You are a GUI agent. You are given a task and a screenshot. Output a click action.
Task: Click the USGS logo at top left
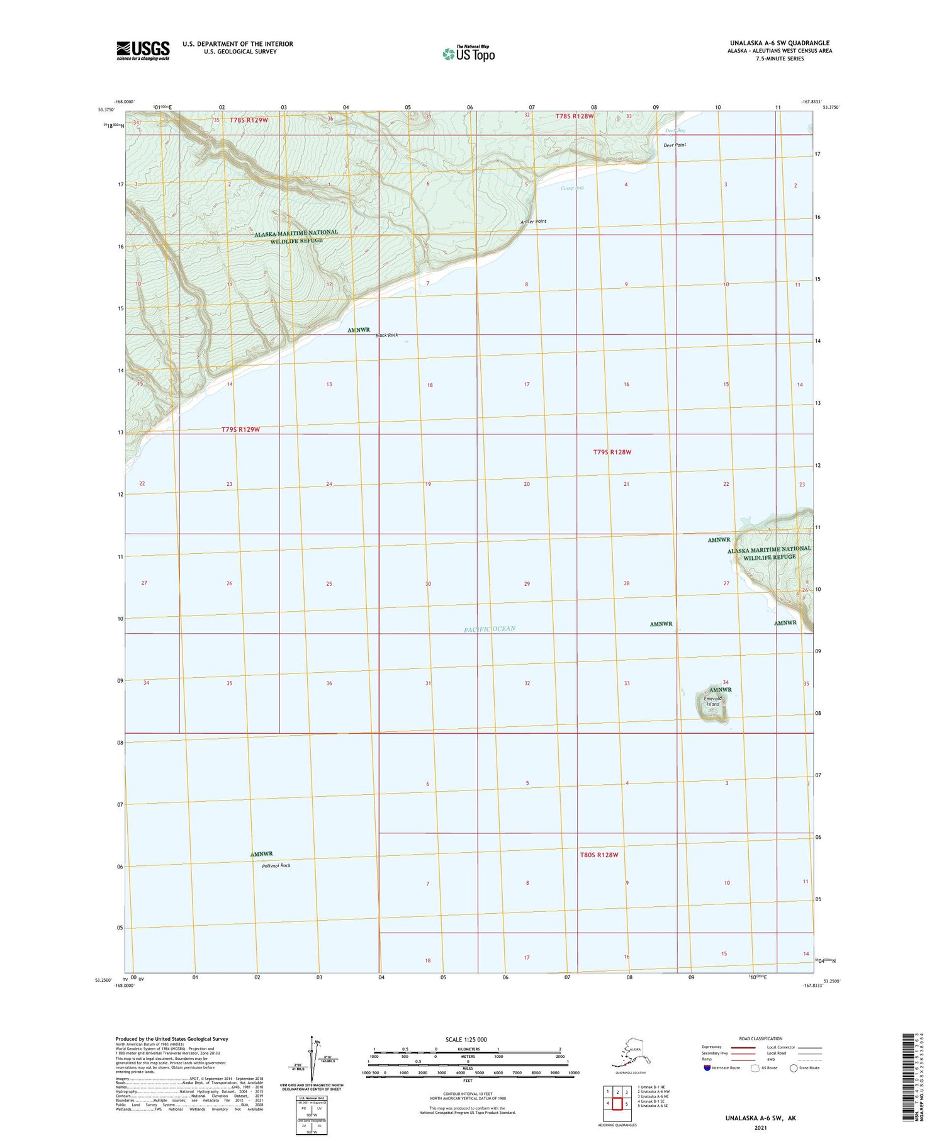click(x=143, y=50)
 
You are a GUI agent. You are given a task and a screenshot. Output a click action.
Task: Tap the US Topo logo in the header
click(x=469, y=53)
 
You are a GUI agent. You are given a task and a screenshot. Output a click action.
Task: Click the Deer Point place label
click(x=675, y=145)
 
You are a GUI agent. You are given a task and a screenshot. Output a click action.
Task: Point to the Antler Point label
click(x=534, y=222)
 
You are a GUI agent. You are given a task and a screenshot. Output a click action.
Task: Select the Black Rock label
click(x=387, y=335)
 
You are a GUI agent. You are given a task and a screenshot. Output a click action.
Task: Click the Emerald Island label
click(x=712, y=701)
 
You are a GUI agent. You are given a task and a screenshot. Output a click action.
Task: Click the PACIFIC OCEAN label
click(x=490, y=629)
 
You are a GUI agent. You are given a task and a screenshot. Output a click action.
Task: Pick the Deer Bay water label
click(x=675, y=130)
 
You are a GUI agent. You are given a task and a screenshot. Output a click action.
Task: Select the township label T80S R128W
click(x=599, y=855)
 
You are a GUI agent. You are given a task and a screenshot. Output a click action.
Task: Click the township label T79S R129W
click(x=240, y=429)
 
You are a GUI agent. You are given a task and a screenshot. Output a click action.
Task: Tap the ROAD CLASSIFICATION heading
click(x=761, y=1038)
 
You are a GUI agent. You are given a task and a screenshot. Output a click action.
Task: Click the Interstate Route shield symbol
click(x=707, y=1068)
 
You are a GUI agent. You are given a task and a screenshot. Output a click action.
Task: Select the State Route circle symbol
click(x=794, y=1068)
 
